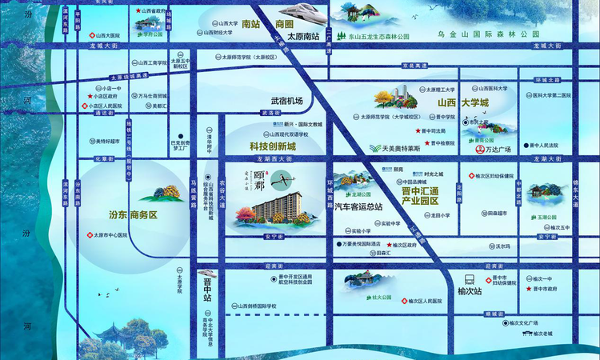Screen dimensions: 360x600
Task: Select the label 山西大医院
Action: [110, 36]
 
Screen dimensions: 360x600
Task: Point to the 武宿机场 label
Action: [286, 101]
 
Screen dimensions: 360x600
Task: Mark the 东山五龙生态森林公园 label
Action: [368, 37]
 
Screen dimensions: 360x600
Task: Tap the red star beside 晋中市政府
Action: [529, 289]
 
